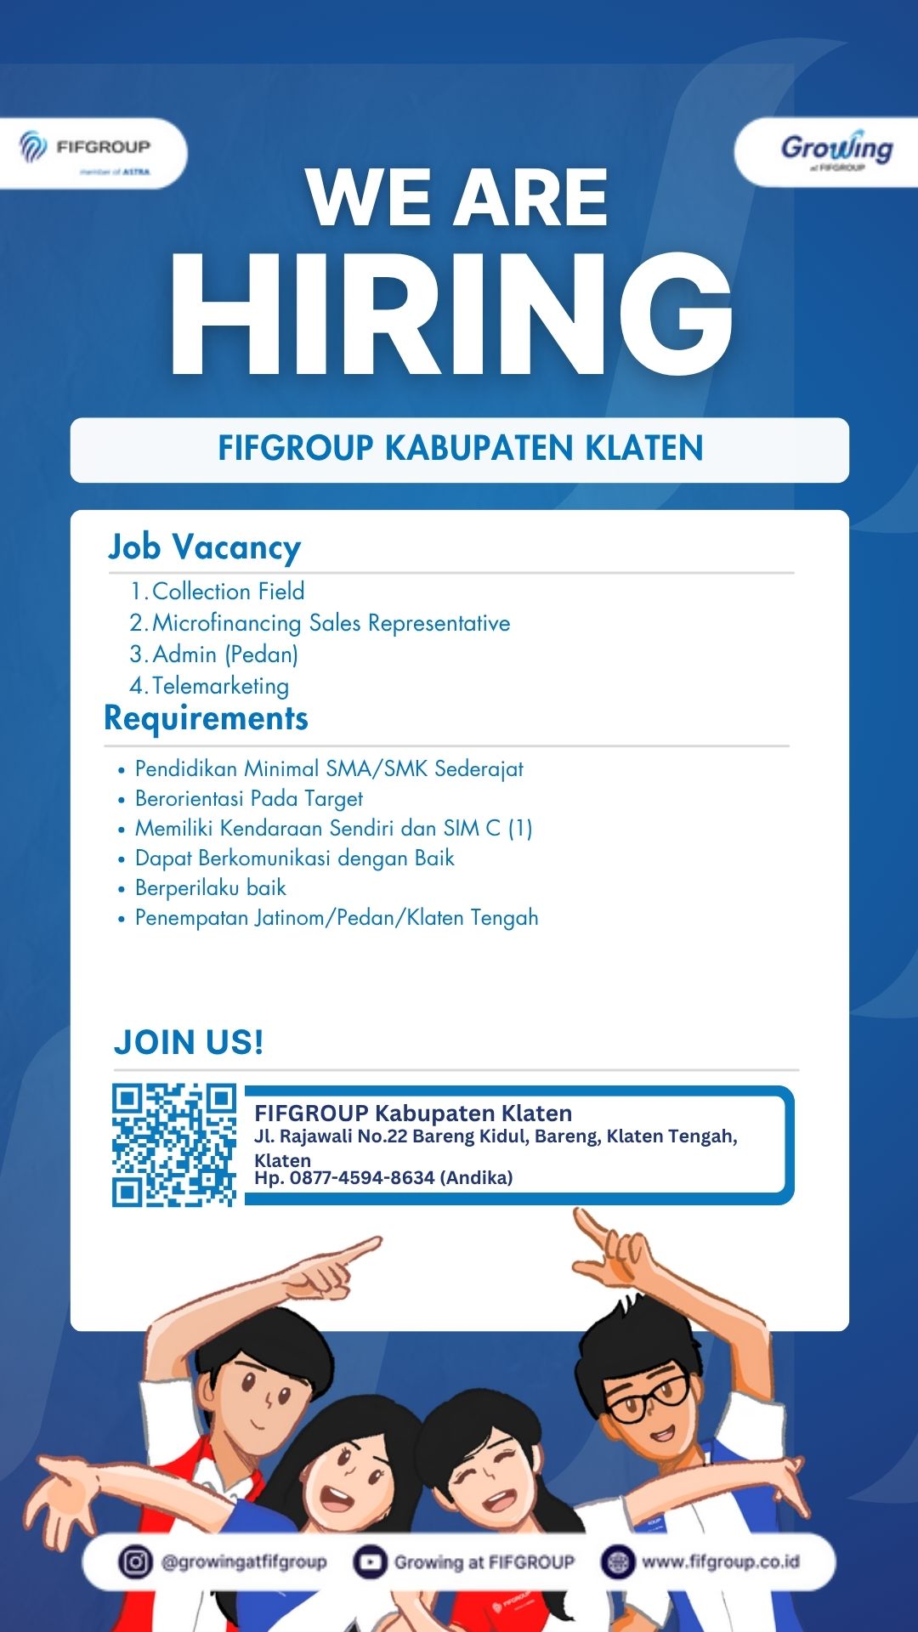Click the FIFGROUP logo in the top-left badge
click(x=85, y=150)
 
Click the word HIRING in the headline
click(x=451, y=314)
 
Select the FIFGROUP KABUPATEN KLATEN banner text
click(x=460, y=449)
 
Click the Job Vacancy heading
click(x=204, y=547)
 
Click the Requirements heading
click(x=206, y=718)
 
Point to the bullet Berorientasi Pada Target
click(x=248, y=799)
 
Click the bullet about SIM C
click(x=333, y=829)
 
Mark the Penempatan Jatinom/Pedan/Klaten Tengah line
click(x=337, y=918)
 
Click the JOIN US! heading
click(x=189, y=1042)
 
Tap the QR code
click(x=174, y=1145)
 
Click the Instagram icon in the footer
click(x=134, y=1561)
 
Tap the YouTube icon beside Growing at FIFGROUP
click(x=370, y=1561)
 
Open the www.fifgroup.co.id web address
click(x=720, y=1561)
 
